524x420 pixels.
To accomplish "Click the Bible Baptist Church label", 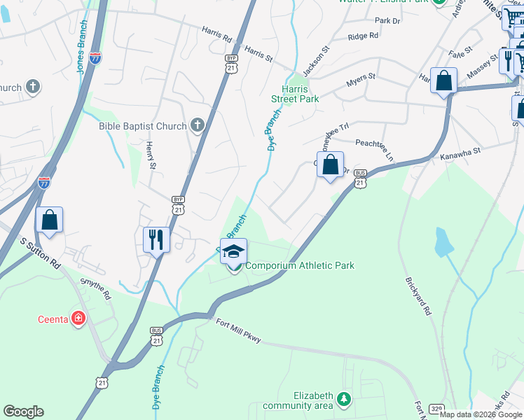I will pyautogui.click(x=143, y=126).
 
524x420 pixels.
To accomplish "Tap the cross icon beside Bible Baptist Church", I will pyautogui.click(x=198, y=125).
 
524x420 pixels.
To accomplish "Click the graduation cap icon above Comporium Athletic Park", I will pyautogui.click(x=234, y=251).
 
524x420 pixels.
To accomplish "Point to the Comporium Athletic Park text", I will pyautogui.click(x=300, y=265).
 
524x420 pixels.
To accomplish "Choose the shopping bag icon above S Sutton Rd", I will pyautogui.click(x=50, y=220).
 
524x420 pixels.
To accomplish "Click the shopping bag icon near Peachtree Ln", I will pyautogui.click(x=331, y=165).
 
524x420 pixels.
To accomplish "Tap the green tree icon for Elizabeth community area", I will pyautogui.click(x=343, y=399).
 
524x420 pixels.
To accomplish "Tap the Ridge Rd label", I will pyautogui.click(x=364, y=36).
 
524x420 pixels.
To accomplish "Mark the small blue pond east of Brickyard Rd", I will pyautogui.click(x=443, y=242).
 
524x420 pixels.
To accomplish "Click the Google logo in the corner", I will pyautogui.click(x=23, y=412).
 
